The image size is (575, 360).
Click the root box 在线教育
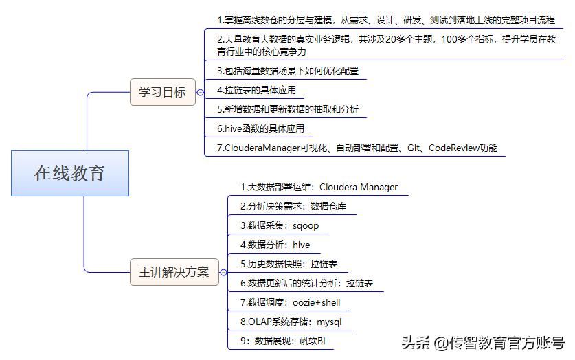pyautogui.click(x=70, y=173)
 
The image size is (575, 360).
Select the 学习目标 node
pyautogui.click(x=163, y=92)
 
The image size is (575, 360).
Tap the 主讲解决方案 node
pyautogui.click(x=174, y=272)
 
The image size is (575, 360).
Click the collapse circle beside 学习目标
pyautogui.click(x=200, y=92)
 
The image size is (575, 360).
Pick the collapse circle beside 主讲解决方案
pyautogui.click(x=224, y=272)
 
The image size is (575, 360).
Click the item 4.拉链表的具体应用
pyautogui.click(x=256, y=90)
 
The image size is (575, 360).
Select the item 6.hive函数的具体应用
pyautogui.click(x=260, y=128)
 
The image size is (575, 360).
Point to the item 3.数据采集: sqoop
pyautogui.click(x=280, y=225)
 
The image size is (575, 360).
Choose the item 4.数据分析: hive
pyautogui.click(x=275, y=245)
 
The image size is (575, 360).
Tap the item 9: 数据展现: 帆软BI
pyautogui.click(x=283, y=341)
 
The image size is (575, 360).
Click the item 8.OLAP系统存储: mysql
pyautogui.click(x=291, y=322)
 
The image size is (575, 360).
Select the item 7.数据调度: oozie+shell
pyautogui.click(x=290, y=302)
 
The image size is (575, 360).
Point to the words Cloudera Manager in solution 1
pyautogui.click(x=359, y=188)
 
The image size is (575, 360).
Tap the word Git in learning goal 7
pyautogui.click(x=414, y=148)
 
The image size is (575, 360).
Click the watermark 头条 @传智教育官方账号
pyautogui.click(x=483, y=343)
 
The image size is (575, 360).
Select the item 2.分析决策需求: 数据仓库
pyautogui.click(x=293, y=206)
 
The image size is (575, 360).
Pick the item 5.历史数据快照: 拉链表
pyautogui.click(x=289, y=264)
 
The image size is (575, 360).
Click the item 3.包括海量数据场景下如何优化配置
pyautogui.click(x=287, y=71)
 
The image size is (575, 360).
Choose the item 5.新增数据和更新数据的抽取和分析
pyautogui.click(x=287, y=109)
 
